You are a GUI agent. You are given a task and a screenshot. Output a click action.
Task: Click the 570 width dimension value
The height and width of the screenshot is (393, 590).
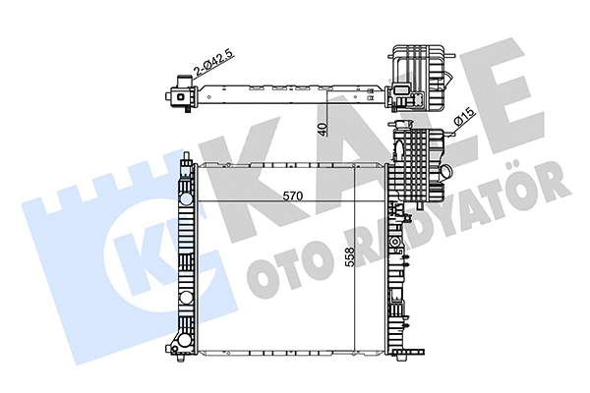click(287, 196)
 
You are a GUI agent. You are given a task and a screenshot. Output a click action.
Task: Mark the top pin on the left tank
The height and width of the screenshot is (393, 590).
click(186, 158)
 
